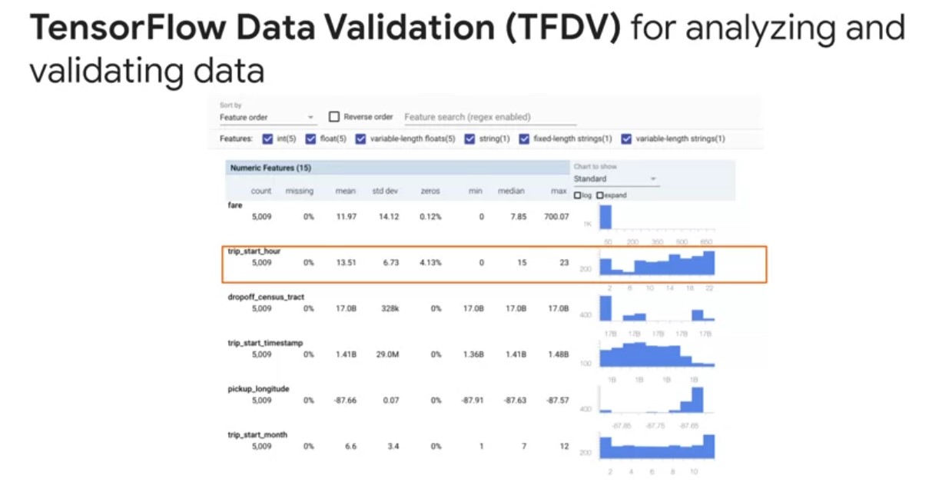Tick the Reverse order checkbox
click(x=334, y=117)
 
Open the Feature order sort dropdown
click(x=267, y=118)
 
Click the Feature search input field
click(x=489, y=117)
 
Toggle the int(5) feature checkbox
click(x=267, y=139)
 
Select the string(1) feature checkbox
click(x=470, y=139)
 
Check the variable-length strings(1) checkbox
click(x=626, y=139)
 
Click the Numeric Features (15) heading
click(x=270, y=167)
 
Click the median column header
click(x=510, y=191)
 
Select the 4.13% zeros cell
click(x=430, y=262)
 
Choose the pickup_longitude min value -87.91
click(x=471, y=401)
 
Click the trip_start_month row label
click(x=257, y=434)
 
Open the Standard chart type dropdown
click(x=615, y=178)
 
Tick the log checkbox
click(x=578, y=195)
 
